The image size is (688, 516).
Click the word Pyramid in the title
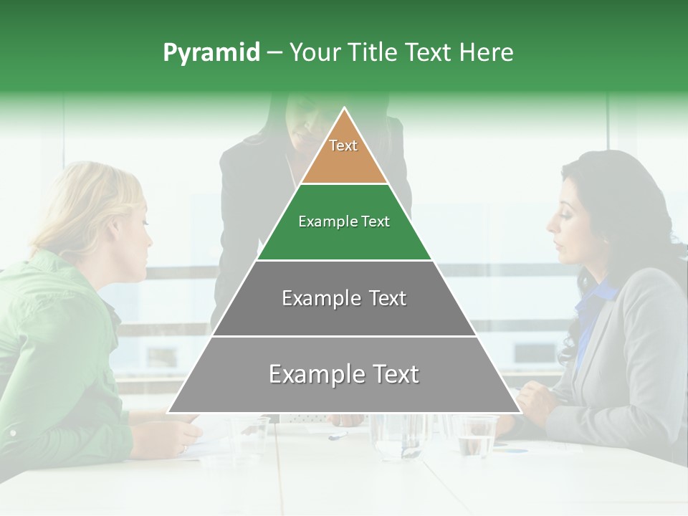211,53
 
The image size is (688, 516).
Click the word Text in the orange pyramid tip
343,145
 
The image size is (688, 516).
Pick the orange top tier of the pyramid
344,161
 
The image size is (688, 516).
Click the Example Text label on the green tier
344,221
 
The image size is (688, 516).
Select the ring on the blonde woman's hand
183,449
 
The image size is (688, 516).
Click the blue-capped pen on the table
338,434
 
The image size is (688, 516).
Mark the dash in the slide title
274,53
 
